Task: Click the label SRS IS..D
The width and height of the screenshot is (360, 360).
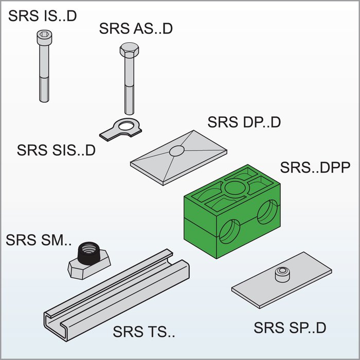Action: pos(42,15)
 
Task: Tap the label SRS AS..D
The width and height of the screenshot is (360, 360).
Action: pos(136,28)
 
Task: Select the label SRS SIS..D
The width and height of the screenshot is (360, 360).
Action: pos(56,150)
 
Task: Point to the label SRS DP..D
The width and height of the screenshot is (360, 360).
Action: pos(244,122)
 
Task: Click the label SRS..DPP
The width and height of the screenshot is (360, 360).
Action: pos(315,168)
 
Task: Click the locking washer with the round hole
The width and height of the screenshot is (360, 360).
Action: pos(124,126)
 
